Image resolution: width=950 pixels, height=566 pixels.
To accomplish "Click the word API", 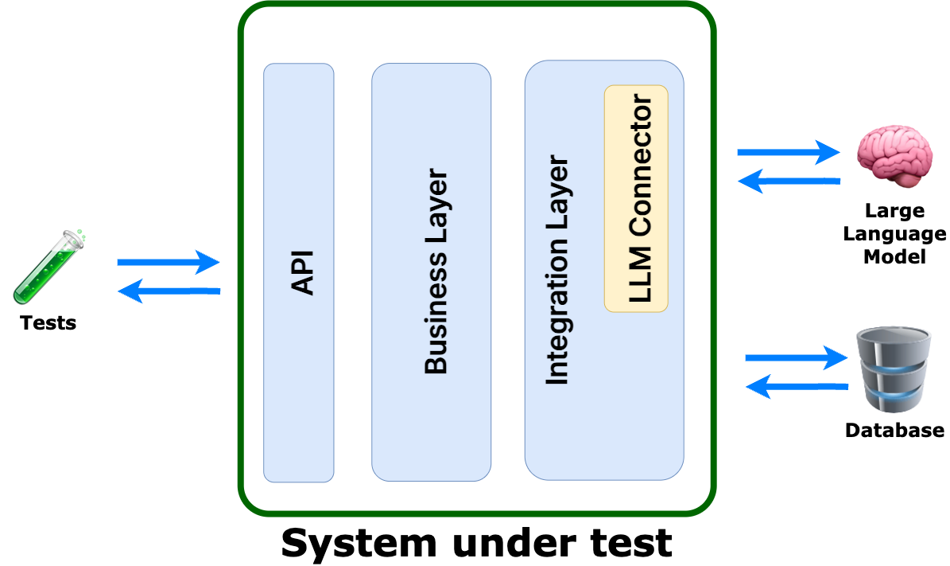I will coord(302,273).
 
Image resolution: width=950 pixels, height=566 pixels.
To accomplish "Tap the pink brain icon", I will coord(893,151).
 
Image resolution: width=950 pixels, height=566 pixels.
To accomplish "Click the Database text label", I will coord(894,431).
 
